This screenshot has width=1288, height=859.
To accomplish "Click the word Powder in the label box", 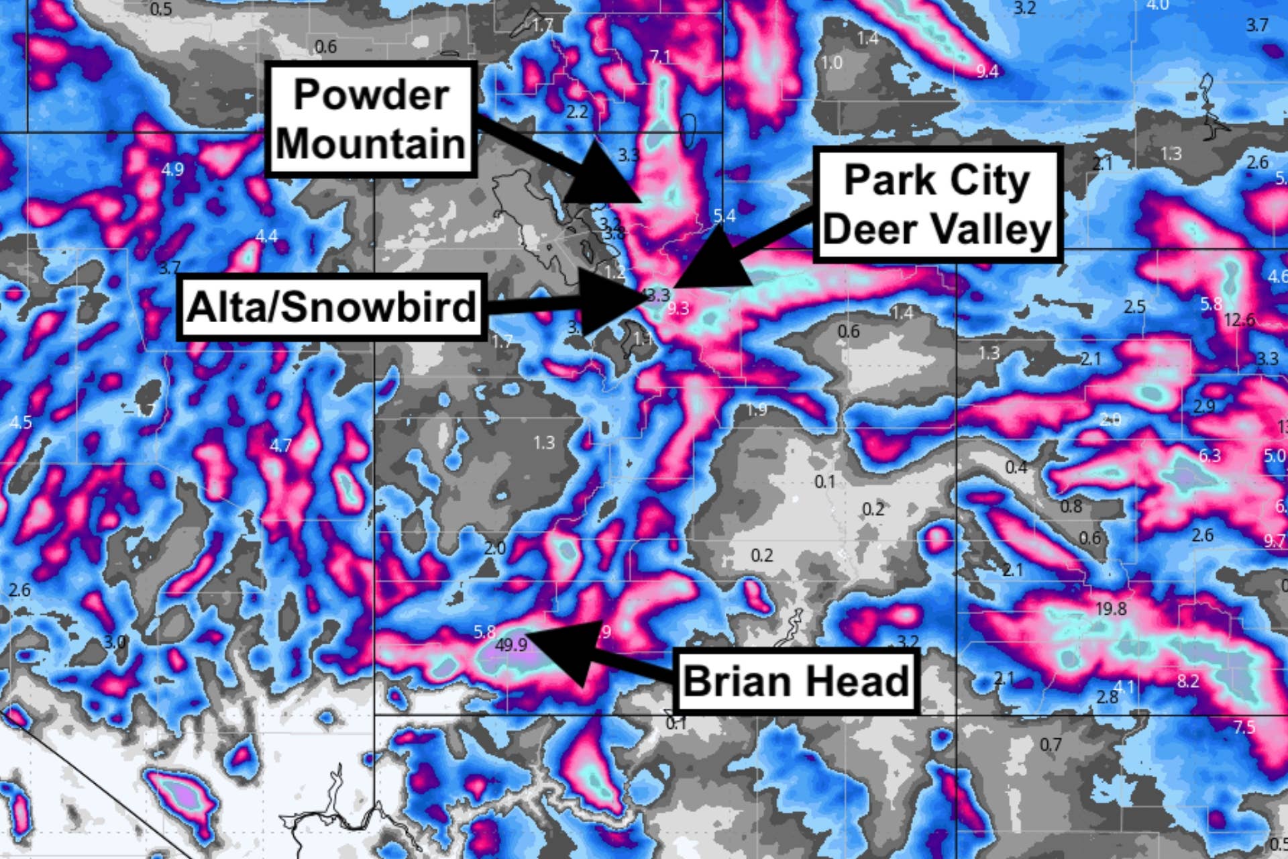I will pos(371,95).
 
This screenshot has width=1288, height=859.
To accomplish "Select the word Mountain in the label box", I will pos(371,143).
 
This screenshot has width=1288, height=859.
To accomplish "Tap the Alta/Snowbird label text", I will pos(331,307).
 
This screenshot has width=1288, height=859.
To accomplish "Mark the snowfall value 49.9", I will pos(511,645).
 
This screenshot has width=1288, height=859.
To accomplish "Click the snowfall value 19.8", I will pos(1110,609).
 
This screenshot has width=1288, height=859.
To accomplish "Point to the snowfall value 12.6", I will pos(1238,320).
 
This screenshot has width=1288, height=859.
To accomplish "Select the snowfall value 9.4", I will pos(987,71).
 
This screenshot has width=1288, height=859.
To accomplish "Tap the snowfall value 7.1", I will pos(659,57).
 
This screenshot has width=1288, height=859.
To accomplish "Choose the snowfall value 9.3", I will pos(678,309).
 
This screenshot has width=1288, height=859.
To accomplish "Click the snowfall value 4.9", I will pos(172,169).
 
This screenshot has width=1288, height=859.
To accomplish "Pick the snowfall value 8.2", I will pos(1187,681).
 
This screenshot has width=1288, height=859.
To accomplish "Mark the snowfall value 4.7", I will pos(280,445).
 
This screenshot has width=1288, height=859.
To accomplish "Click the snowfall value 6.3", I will pos(1210,456).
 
